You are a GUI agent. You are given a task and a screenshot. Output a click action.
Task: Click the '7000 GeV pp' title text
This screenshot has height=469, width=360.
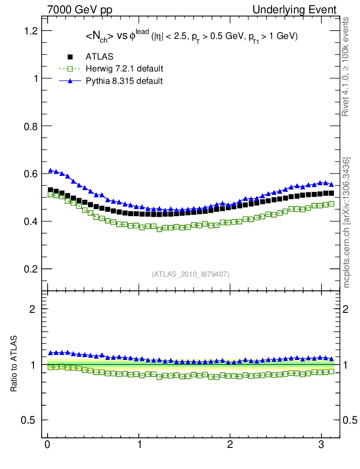pos(80,10)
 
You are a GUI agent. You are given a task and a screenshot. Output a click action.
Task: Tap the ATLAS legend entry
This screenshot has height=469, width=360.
pos(99,57)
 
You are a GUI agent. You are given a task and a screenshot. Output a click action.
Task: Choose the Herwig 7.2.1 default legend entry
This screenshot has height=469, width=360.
pos(124,69)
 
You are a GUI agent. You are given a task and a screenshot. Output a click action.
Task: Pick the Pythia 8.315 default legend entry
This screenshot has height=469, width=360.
pos(124,81)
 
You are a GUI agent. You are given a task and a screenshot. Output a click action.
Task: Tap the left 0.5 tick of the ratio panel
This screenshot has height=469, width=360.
pos(30,420)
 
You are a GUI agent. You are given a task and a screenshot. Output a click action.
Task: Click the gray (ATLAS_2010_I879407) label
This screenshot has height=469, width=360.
pos(191,274)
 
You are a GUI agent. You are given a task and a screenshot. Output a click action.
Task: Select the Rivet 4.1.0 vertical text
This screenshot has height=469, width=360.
pos(346,66)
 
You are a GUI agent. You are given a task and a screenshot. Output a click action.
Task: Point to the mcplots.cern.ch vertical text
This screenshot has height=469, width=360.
pos(347,223)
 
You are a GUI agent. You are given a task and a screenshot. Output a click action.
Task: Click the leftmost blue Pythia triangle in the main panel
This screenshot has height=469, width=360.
pos(50,170)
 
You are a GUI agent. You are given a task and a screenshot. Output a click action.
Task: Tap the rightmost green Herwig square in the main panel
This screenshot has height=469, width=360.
pos(331,204)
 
